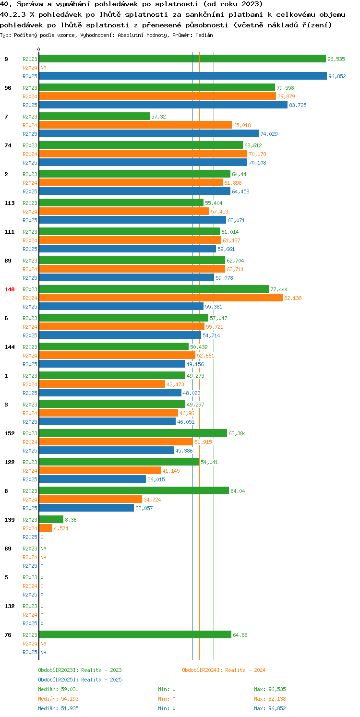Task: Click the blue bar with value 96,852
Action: click(183, 76)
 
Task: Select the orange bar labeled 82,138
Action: click(161, 298)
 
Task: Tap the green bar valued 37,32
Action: click(95, 116)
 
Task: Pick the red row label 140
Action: click(10, 289)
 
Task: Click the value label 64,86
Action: click(240, 635)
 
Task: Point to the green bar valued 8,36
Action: click(51, 519)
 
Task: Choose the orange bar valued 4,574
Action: click(46, 528)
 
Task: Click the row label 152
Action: click(10, 433)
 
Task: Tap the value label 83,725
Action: click(298, 105)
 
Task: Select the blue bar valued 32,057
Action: click(86, 508)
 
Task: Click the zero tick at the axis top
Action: click(39, 49)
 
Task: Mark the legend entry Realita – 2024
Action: click(224, 670)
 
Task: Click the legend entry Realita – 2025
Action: click(80, 680)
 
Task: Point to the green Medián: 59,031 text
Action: click(58, 689)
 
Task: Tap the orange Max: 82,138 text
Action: click(270, 699)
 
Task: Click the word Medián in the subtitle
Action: click(204, 35)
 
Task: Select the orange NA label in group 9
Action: click(44, 68)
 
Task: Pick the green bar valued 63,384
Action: click(133, 433)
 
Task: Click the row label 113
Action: click(10, 203)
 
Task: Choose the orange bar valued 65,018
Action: click(135, 125)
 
